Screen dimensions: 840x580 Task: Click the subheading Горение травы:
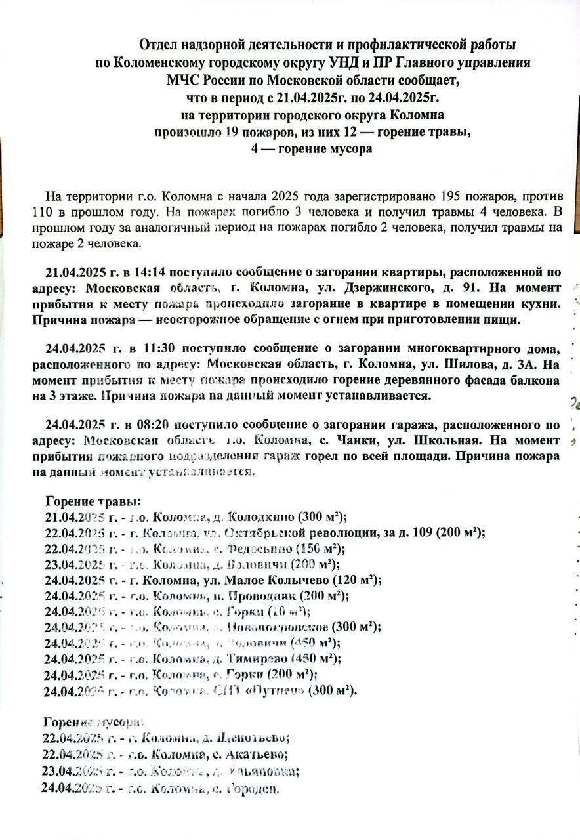click(93, 501)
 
